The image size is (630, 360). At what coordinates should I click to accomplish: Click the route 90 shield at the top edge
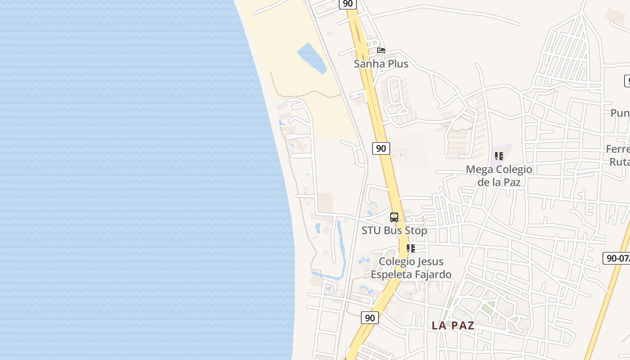click(347, 4)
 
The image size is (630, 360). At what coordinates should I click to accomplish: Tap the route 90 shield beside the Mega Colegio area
click(381, 148)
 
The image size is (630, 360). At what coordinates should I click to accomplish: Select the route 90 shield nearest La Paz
click(369, 318)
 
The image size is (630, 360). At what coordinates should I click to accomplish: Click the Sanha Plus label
click(381, 64)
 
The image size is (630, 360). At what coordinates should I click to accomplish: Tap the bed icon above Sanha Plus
click(381, 50)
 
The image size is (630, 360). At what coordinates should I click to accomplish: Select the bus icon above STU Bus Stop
click(394, 217)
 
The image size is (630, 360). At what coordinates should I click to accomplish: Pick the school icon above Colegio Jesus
click(411, 248)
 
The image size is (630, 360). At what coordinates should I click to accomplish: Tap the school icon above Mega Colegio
click(499, 156)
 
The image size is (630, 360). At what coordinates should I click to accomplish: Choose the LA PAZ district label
click(453, 325)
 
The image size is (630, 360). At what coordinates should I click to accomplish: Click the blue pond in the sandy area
click(312, 58)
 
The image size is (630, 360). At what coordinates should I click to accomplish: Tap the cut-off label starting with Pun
click(620, 113)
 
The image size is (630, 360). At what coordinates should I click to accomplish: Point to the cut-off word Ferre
click(618, 149)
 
